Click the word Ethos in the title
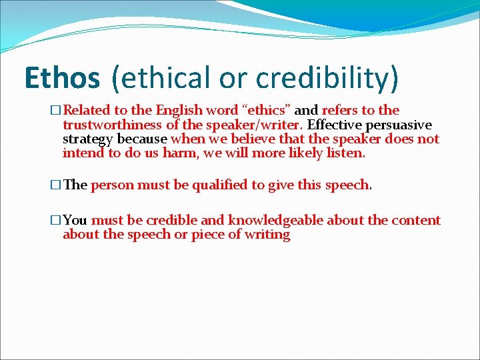[x=61, y=79]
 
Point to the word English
[x=181, y=111]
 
